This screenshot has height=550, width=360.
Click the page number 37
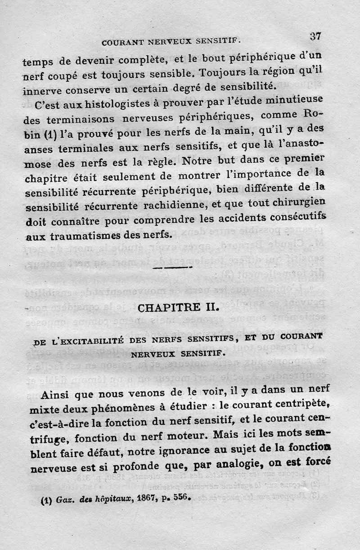point(315,36)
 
